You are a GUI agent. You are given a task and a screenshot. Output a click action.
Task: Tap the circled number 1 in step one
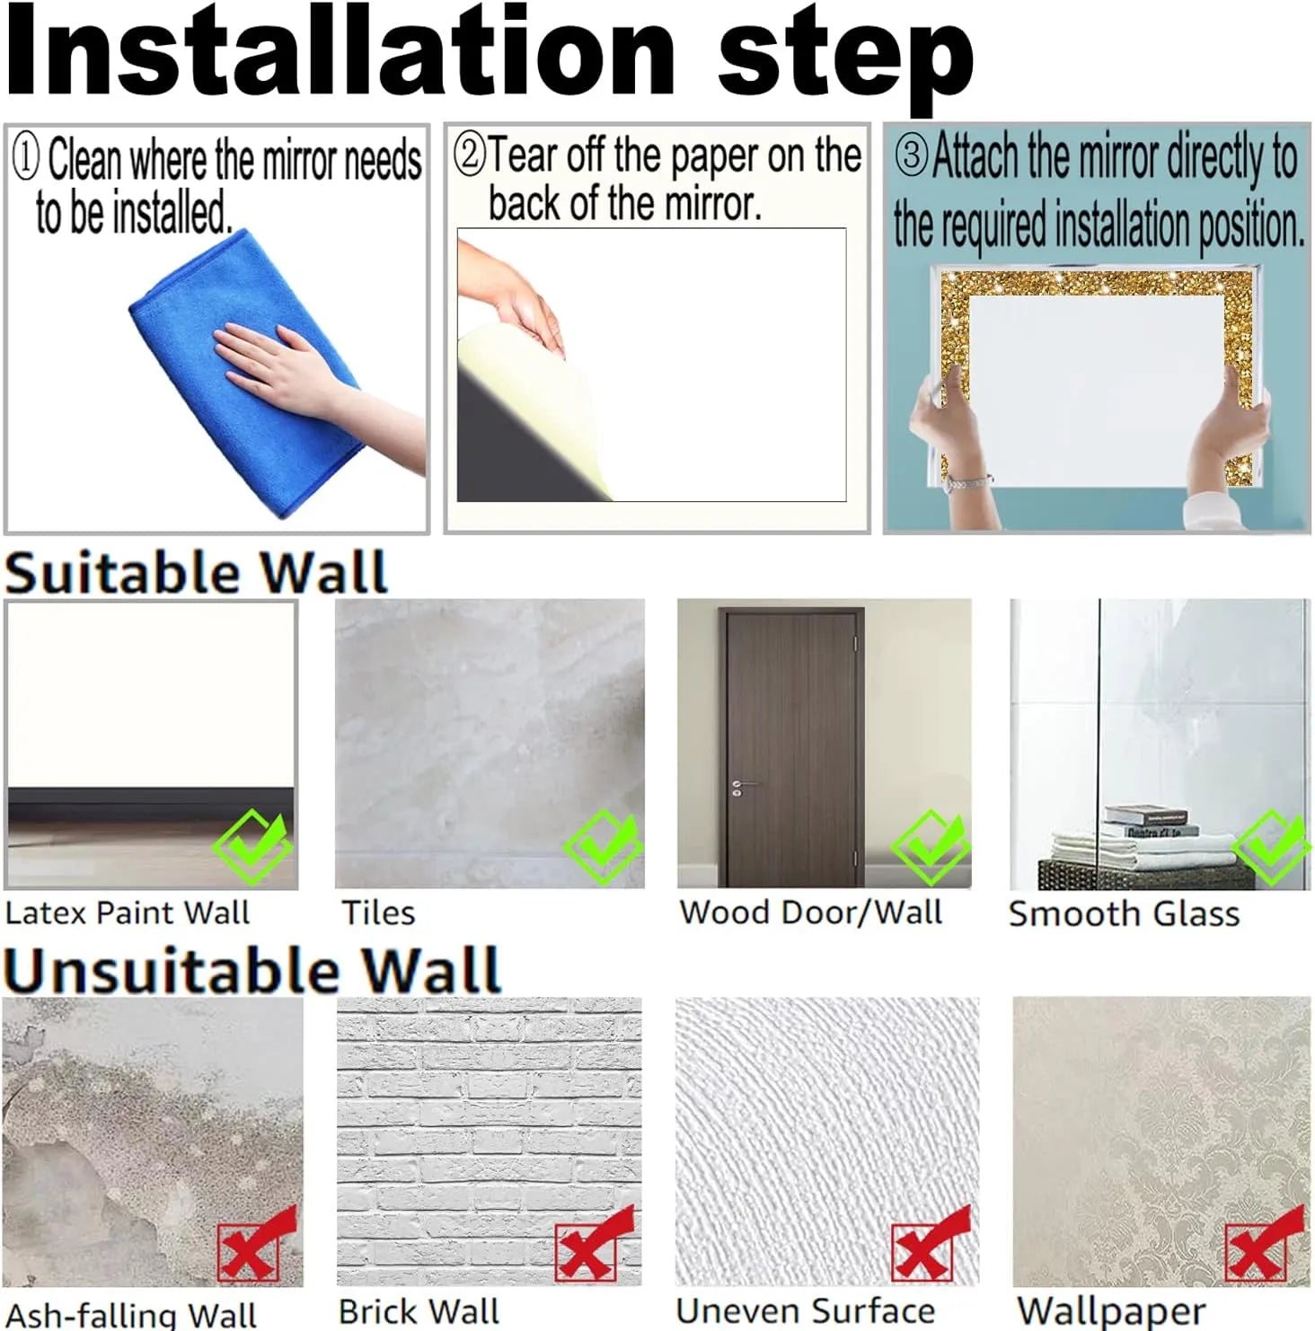click(x=26, y=158)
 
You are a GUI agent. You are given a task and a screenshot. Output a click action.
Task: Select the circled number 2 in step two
click(x=469, y=154)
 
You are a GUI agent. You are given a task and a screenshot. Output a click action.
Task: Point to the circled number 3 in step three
click(x=910, y=154)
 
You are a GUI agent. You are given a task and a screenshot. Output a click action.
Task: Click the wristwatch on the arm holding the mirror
click(x=966, y=483)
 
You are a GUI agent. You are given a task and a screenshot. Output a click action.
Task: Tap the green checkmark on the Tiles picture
click(x=603, y=847)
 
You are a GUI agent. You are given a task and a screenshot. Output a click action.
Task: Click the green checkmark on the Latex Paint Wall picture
click(x=253, y=846)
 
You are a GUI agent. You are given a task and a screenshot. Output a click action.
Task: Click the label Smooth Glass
click(x=1124, y=913)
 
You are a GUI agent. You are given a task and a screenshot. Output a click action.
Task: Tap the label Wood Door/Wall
click(x=811, y=912)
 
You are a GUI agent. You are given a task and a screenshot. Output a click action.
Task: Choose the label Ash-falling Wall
click(x=131, y=1315)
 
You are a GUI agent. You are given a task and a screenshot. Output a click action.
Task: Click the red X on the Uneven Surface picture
click(x=931, y=1244)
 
